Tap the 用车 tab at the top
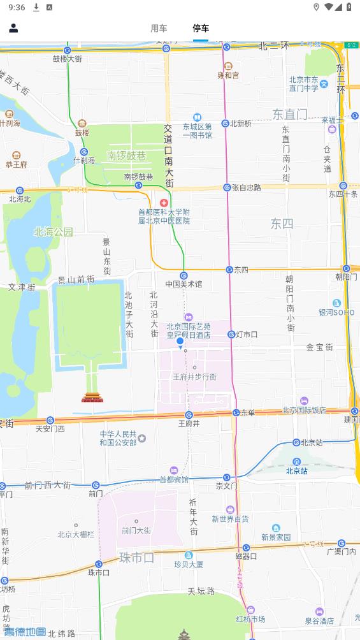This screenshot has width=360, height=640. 159,28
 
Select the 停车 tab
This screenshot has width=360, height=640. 201,28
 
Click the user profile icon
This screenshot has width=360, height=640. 13,28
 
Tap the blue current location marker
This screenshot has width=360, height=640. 180,342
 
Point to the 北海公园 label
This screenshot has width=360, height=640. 54,232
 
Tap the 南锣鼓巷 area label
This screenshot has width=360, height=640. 126,156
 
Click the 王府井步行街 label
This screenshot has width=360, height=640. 194,377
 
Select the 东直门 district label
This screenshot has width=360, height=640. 290,115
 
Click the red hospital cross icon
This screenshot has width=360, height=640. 164,202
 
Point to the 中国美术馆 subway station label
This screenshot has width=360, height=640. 184,284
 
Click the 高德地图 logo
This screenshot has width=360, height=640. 25,632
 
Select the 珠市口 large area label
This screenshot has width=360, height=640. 136,558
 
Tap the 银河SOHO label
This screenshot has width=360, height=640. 336,312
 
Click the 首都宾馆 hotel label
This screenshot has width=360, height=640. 174,479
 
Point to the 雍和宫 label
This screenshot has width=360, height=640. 228,75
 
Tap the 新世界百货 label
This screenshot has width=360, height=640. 230,519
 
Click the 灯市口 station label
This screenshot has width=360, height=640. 247,334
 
